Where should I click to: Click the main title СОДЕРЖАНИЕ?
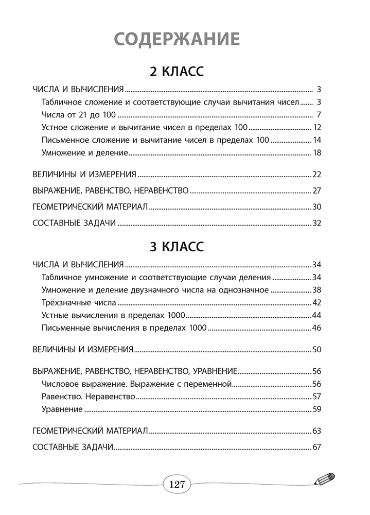(177, 39)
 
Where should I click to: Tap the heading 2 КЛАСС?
(177, 71)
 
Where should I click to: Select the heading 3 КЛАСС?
(177, 247)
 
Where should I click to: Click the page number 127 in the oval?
(177, 484)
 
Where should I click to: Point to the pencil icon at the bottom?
(324, 479)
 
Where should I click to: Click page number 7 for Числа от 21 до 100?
(319, 114)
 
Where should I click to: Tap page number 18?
(317, 152)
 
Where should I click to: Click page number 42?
(317, 302)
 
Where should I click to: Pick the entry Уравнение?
(61, 409)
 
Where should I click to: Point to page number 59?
(317, 409)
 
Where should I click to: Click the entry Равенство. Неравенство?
(87, 397)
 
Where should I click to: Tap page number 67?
(317, 447)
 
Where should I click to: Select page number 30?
(317, 207)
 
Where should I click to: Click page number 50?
(317, 350)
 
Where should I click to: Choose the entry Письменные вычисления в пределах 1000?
(123, 328)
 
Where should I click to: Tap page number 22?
(317, 174)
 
